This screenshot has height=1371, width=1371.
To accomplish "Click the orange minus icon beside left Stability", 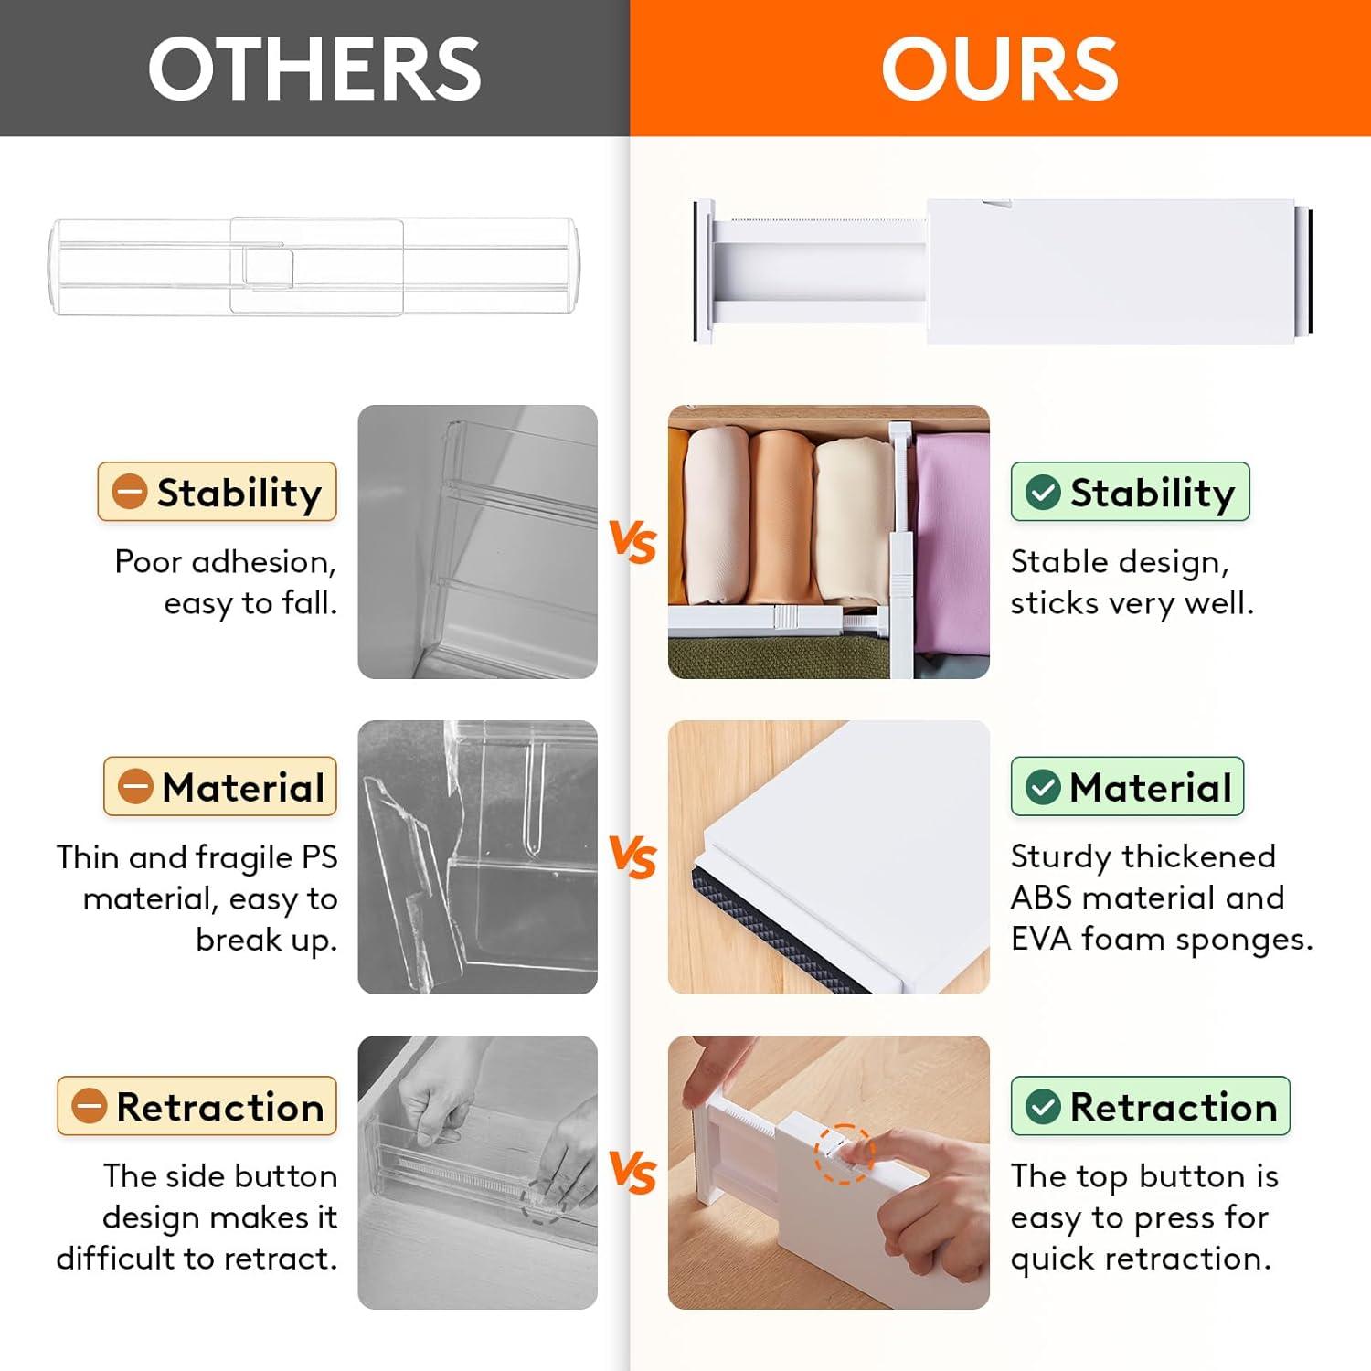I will coord(130,492).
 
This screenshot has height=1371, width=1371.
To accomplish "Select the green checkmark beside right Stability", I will coord(1043,492).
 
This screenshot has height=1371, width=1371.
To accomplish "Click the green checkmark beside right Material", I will coord(1043,787).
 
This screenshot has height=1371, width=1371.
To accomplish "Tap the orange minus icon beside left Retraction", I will coord(90,1106).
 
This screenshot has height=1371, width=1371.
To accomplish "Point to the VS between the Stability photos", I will coord(632,541).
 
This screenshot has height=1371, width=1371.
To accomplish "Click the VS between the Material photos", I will coord(632,857).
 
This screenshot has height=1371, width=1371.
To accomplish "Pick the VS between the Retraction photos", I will coord(632,1172).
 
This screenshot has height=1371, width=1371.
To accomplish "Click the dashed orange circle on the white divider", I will coord(844,1153).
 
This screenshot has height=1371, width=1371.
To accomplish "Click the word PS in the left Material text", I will coord(319,857).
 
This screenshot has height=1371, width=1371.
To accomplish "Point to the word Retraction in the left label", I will coord(220,1107).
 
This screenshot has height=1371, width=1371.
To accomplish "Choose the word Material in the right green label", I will coord(1151,787).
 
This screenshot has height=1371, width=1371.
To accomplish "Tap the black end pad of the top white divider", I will coord(1310,271).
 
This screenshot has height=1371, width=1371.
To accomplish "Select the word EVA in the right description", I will coord(1040,939).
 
